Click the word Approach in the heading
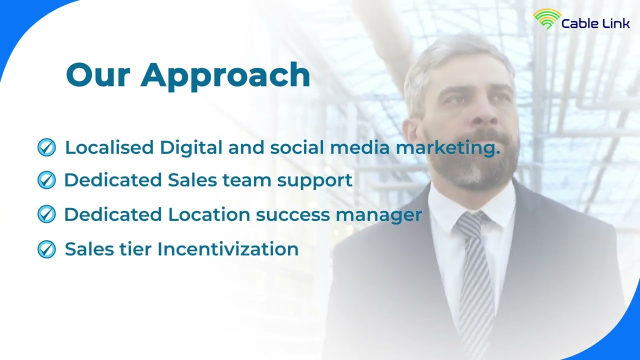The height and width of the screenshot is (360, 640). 225,76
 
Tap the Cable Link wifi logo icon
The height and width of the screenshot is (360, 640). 547,18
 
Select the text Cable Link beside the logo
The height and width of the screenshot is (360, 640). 595,23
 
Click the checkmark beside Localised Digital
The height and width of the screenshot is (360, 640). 46,147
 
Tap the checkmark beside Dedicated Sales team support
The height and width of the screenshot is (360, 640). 46,180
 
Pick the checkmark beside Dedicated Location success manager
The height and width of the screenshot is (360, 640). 46,214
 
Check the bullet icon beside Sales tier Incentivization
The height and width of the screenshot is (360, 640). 46,249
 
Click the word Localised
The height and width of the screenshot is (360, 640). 109,147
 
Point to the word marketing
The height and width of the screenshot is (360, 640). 447,148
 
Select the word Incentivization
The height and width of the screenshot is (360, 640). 227,249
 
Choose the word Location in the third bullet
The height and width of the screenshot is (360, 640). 209,214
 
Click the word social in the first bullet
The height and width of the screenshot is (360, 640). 297,147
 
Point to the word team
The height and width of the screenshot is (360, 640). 246,180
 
